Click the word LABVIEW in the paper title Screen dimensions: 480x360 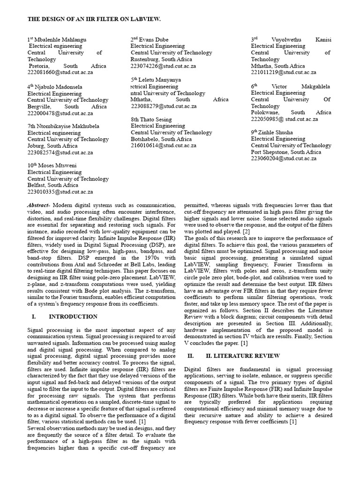click(145, 19)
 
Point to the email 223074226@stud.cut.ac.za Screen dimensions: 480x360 click(164, 66)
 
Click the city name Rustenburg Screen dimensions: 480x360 click(147, 60)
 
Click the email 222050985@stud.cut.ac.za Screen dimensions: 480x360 click(285, 119)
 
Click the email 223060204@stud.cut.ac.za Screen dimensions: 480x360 click(284, 158)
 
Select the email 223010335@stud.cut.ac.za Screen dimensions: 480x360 click(60, 192)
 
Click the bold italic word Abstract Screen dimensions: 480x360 click(39, 205)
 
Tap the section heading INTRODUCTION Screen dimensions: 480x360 click(73, 316)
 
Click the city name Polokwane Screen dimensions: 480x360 click(266, 112)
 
